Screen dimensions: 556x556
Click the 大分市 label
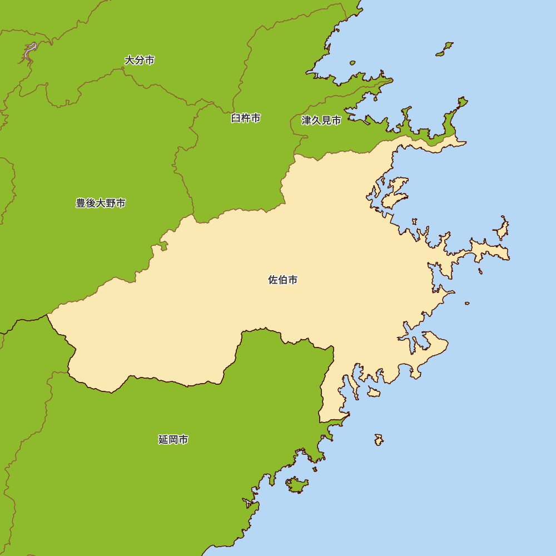click(x=140, y=60)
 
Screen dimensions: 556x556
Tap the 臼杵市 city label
click(x=246, y=118)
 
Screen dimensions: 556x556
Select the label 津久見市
click(x=321, y=120)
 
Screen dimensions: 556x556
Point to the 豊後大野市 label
click(x=101, y=203)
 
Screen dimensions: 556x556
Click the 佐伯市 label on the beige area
click(x=283, y=280)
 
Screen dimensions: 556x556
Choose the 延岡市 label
click(x=173, y=440)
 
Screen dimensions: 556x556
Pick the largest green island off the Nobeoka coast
click(x=296, y=485)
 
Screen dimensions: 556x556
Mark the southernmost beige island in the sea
click(x=379, y=440)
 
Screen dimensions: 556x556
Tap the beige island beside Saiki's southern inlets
click(x=374, y=393)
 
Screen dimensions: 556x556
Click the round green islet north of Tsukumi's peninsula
click(x=444, y=49)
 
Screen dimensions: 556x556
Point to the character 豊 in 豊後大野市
click(x=81, y=203)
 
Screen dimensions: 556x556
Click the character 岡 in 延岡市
click(x=173, y=440)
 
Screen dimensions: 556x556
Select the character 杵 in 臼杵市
click(x=246, y=118)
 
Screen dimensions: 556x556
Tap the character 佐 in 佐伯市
click(x=273, y=280)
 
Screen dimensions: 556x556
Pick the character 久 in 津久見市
click(x=321, y=120)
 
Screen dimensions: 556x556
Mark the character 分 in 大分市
click(x=140, y=60)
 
